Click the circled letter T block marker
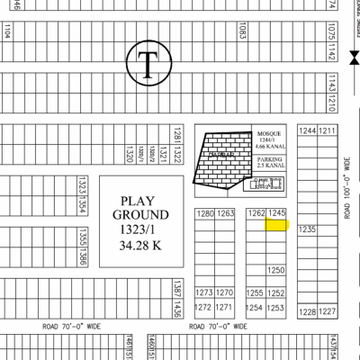click(146, 63)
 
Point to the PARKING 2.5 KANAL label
click(269, 162)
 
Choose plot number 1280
click(205, 214)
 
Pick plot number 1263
click(226, 214)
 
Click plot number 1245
click(276, 213)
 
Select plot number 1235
click(308, 229)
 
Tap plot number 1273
click(204, 293)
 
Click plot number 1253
click(276, 308)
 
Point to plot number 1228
click(308, 311)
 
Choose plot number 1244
click(308, 130)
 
